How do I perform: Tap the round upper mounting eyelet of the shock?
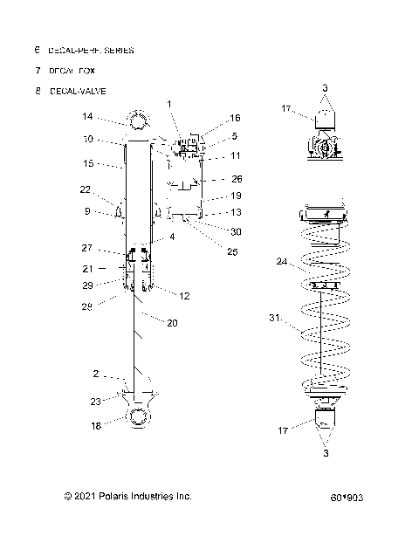point(141,119)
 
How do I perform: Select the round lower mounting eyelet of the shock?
point(141,418)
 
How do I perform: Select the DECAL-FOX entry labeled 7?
point(72,70)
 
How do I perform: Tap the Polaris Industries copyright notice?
point(127,496)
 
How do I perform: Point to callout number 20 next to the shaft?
point(172,322)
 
